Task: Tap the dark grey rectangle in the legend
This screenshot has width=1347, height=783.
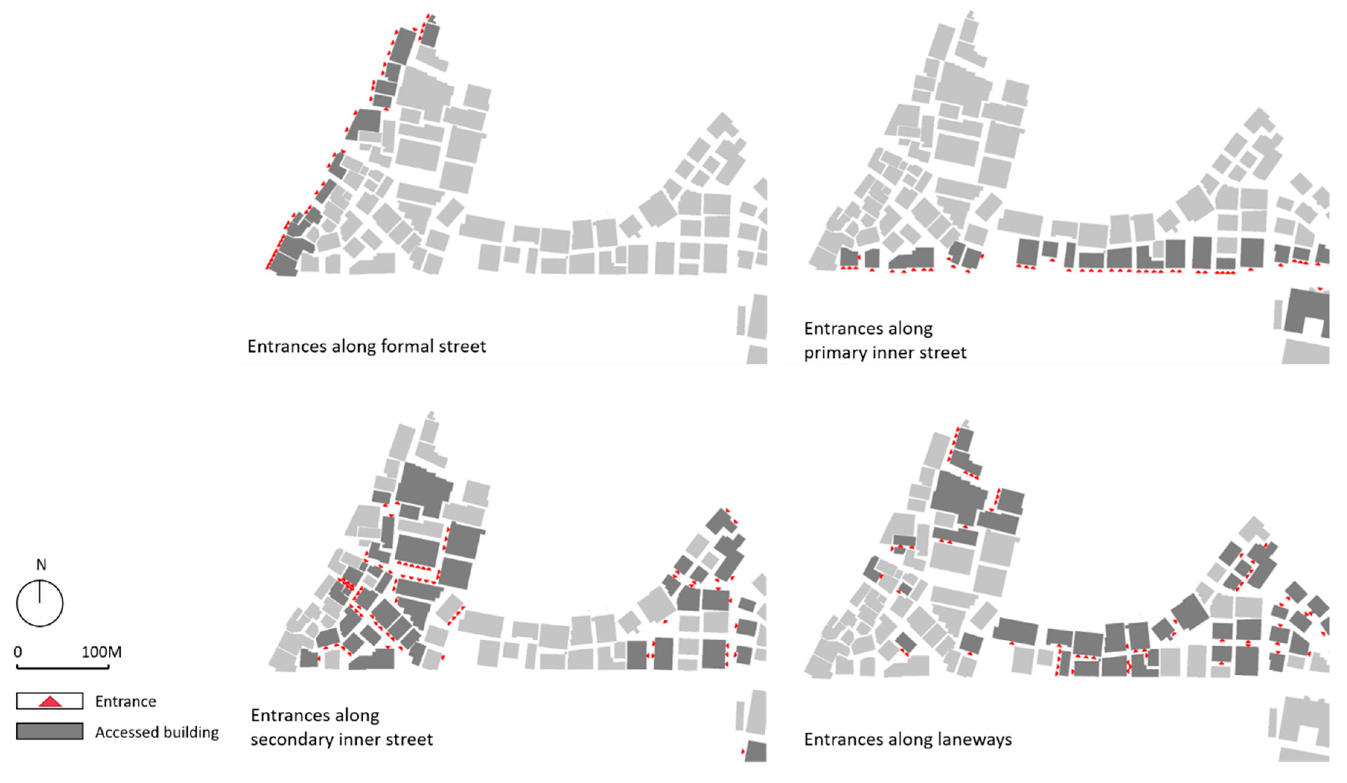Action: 50,731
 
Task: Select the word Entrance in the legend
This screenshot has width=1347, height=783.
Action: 125,701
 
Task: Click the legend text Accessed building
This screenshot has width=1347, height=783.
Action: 157,732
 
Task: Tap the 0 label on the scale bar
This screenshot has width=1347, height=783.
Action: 17,652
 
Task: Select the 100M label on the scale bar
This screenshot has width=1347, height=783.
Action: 102,652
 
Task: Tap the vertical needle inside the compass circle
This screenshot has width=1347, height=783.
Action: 39,592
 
